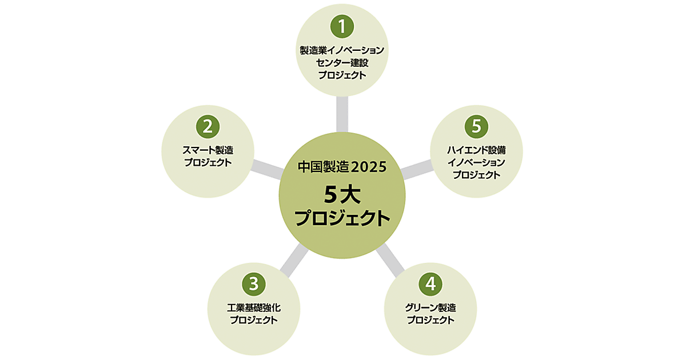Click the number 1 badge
pos(342,25)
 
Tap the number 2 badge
pos(208,125)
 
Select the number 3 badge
pos(254,282)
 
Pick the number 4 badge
pos(430,282)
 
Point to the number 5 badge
pos(476,125)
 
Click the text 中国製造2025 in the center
pos(342,167)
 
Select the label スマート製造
pos(208,150)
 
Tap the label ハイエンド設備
pos(476,150)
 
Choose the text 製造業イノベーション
pos(342,50)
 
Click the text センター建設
pos(342,62)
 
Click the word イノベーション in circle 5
pos(476,163)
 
